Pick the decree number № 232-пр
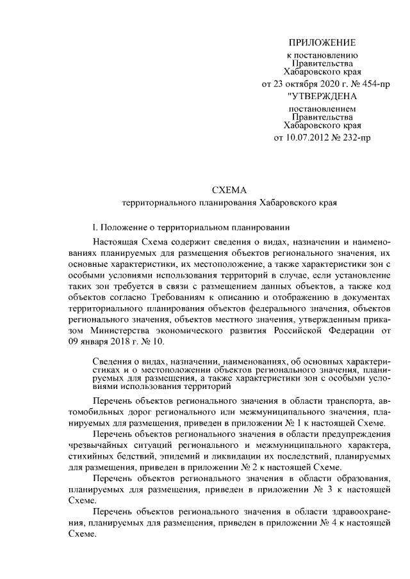click(x=355, y=137)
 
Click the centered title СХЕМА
click(x=229, y=189)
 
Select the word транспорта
click(x=354, y=400)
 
